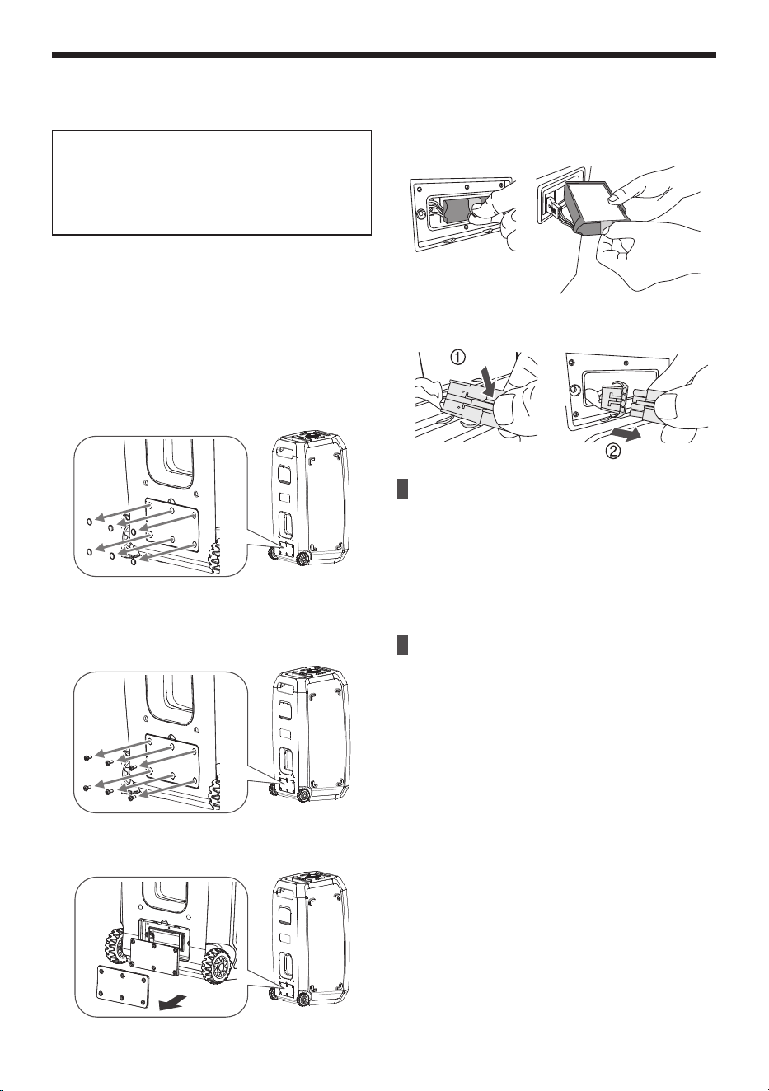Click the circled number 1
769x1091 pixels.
point(457,358)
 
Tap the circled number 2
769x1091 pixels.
point(612,451)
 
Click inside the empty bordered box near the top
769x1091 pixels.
point(212,183)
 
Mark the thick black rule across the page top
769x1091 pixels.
point(384,55)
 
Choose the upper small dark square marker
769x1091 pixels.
point(402,489)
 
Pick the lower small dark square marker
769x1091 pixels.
point(402,645)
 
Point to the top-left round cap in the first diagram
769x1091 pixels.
point(89,521)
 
